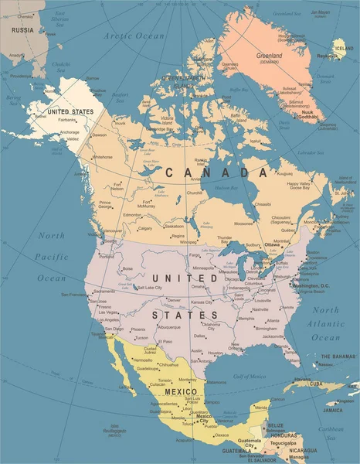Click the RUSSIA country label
pyautogui.click(x=23, y=30)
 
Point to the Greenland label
pyautogui.click(x=269, y=56)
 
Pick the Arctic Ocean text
pyautogui.click(x=135, y=36)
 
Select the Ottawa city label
pyautogui.click(x=272, y=244)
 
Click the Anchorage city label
pyautogui.click(x=70, y=132)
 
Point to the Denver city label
pyautogui.click(x=174, y=300)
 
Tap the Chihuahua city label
pyautogui.click(x=168, y=364)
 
